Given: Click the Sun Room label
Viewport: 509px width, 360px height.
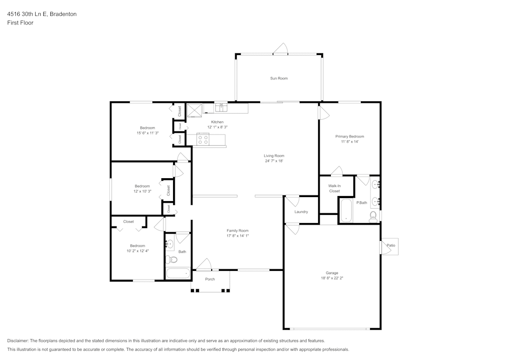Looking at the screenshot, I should pyautogui.click(x=279, y=78).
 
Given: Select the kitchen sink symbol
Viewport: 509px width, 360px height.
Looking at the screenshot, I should pyautogui.click(x=220, y=107).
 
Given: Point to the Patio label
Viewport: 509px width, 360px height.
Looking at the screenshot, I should pyautogui.click(x=390, y=246).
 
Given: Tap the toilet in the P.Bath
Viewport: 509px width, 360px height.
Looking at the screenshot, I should pyautogui.click(x=373, y=215).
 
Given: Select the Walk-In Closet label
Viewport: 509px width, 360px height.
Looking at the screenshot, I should pyautogui.click(x=334, y=188).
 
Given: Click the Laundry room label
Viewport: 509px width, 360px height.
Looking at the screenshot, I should pyautogui.click(x=301, y=212).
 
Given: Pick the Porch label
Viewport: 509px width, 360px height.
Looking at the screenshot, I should pyautogui.click(x=210, y=279).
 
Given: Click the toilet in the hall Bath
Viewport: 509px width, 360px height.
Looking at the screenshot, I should pyautogui.click(x=172, y=260).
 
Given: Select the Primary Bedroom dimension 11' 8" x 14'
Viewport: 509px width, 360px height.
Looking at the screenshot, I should pyautogui.click(x=350, y=142).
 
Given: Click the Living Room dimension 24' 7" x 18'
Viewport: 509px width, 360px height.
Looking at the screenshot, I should pyautogui.click(x=274, y=161).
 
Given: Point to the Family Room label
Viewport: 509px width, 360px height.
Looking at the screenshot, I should pyautogui.click(x=237, y=231).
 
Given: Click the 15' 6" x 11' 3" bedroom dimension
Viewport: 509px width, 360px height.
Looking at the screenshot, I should pyautogui.click(x=148, y=133).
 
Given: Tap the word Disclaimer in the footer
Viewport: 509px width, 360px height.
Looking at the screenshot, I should pyautogui.click(x=18, y=341).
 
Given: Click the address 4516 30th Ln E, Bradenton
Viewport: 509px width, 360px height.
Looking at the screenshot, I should pyautogui.click(x=42, y=14).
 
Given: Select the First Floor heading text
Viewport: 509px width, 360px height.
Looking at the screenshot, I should pyautogui.click(x=20, y=23).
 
